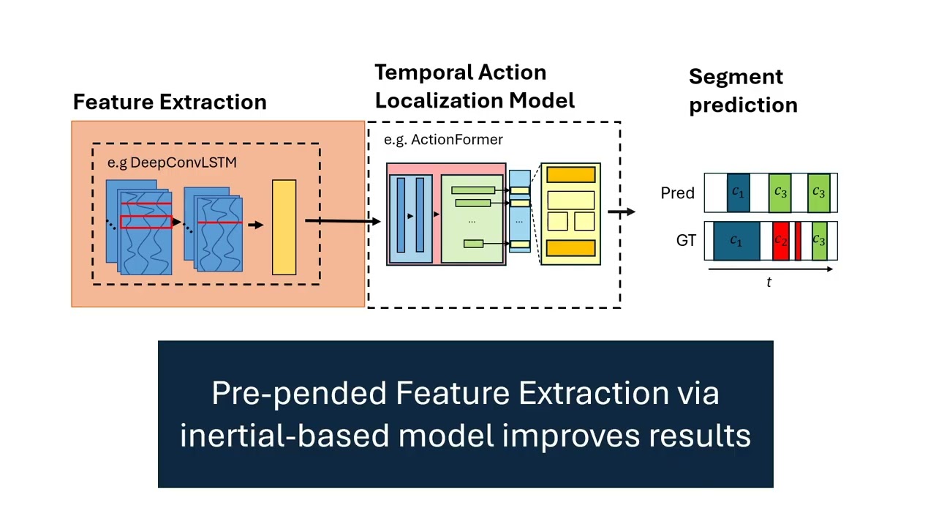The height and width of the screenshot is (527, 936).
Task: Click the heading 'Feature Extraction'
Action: pos(170,102)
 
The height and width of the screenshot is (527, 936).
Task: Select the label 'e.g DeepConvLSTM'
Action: pos(172,162)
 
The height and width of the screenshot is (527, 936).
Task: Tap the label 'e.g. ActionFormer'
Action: pos(443,139)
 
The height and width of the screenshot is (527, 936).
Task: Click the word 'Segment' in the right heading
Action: pos(736,77)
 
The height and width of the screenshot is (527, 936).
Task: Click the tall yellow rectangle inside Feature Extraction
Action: pos(284,227)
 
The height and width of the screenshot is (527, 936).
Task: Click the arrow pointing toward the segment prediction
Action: pos(621,212)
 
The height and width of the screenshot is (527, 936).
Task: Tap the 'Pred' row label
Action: pos(677,193)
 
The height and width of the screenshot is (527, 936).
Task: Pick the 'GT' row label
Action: pos(685,240)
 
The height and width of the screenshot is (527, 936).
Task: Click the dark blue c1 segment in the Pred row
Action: pos(738,193)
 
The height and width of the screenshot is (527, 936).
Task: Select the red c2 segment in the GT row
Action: pos(780,241)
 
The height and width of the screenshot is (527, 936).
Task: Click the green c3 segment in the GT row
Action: pos(819,241)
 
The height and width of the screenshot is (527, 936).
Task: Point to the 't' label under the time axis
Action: pos(769,283)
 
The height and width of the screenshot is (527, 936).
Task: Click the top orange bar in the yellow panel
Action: pos(570,175)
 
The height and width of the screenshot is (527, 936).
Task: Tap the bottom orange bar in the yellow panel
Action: pos(570,248)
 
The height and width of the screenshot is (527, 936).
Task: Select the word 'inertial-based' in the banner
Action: pos(284,436)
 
